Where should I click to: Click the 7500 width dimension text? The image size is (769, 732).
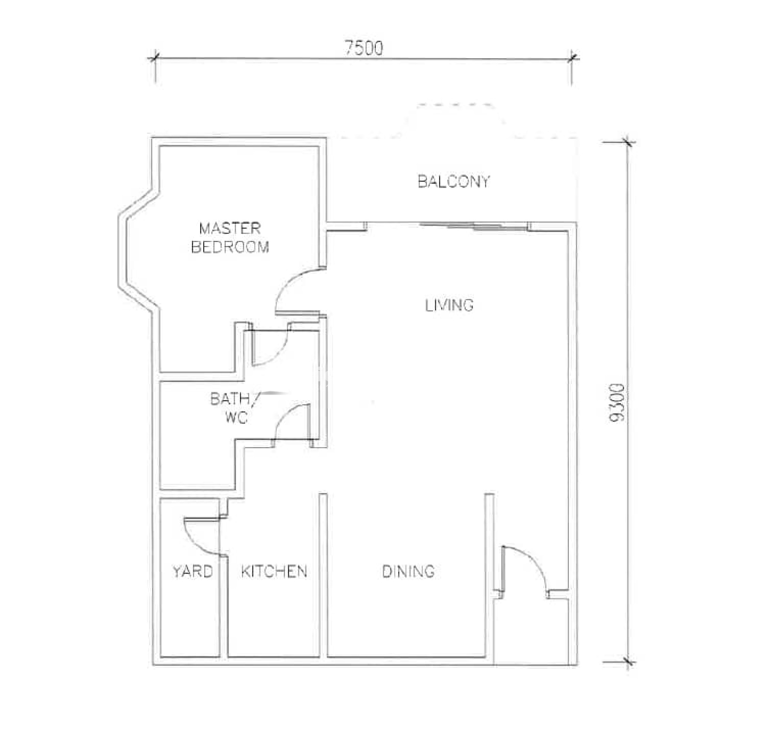(364, 48)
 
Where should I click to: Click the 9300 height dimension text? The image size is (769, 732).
(617, 403)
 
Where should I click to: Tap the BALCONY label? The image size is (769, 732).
(453, 181)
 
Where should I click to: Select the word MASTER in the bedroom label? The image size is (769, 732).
(230, 228)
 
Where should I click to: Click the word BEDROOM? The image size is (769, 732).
(230, 247)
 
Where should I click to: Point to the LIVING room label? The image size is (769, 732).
(449, 305)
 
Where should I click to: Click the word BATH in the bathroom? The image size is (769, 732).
(230, 398)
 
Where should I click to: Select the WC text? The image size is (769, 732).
(236, 417)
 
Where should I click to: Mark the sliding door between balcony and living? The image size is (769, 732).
(474, 225)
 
